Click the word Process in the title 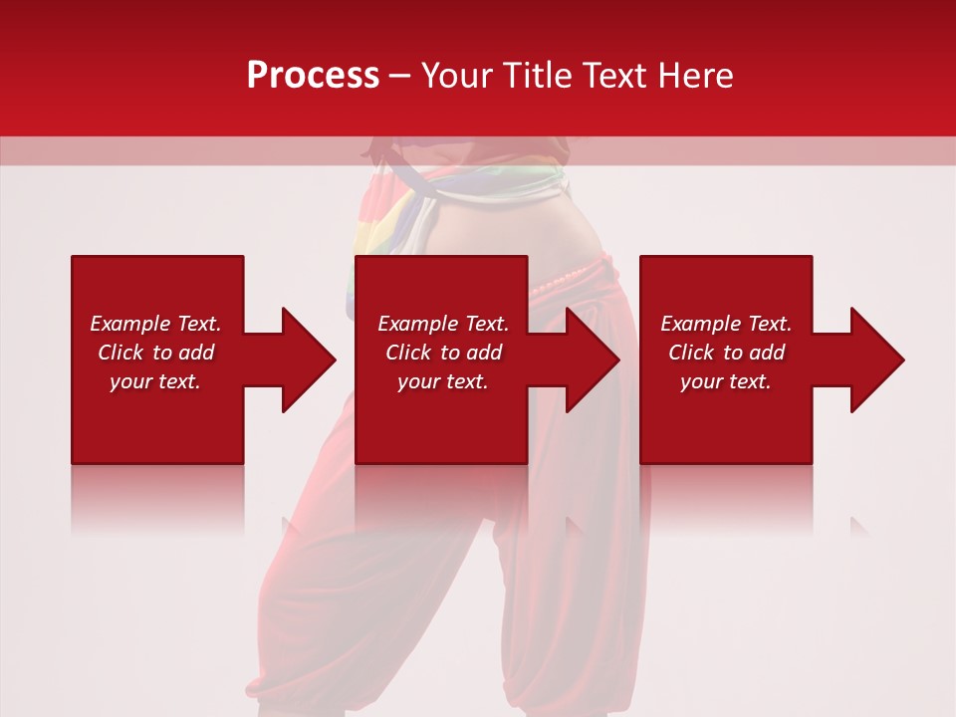tap(313, 76)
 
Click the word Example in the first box tap(130, 324)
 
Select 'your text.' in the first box tap(155, 381)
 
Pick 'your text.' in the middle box tap(443, 381)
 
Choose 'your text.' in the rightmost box tap(726, 381)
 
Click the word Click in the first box tap(120, 353)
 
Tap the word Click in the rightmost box tap(691, 353)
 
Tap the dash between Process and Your tap(399, 76)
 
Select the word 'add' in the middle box tap(485, 353)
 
